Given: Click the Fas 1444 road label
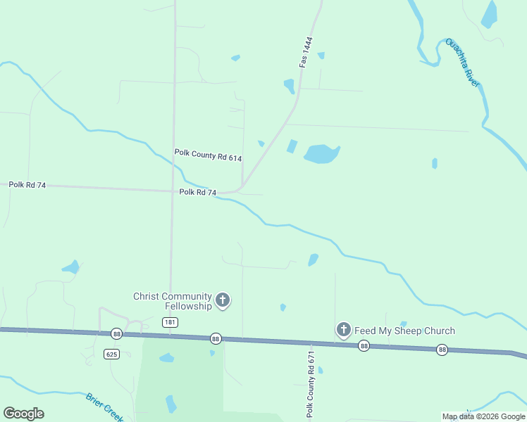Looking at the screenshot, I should click(305, 52).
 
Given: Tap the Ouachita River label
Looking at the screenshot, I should click(462, 63).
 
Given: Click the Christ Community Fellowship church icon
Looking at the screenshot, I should click(223, 301).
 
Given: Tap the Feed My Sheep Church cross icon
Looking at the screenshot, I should click(343, 330).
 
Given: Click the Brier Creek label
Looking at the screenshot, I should click(105, 407).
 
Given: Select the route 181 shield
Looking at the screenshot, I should click(169, 322).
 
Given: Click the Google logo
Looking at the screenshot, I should click(23, 414).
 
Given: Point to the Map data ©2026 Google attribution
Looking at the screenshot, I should click(483, 416).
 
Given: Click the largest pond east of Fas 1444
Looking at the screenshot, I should click(321, 153).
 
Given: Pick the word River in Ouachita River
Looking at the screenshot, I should click(472, 76).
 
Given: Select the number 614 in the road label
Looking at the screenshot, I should click(232, 157).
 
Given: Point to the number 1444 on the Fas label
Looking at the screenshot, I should click(307, 46).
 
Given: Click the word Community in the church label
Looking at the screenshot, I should click(185, 296).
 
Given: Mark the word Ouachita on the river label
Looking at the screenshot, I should click(456, 53).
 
